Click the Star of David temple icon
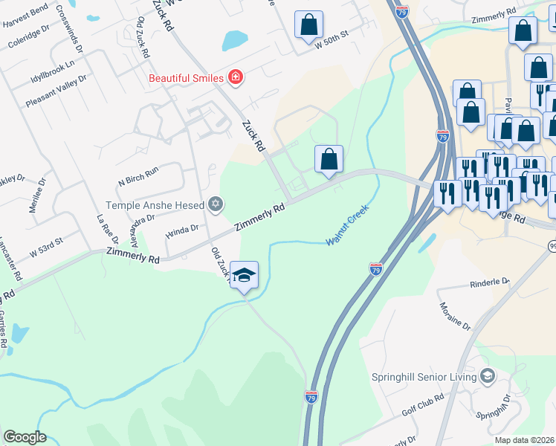[216, 204]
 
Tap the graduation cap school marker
[244, 276]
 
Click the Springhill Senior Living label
[424, 377]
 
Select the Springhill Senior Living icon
[488, 376]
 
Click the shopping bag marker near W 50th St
[308, 25]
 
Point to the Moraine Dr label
[455, 316]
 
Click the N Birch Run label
[138, 175]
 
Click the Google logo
[25, 437]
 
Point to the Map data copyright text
[525, 440]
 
